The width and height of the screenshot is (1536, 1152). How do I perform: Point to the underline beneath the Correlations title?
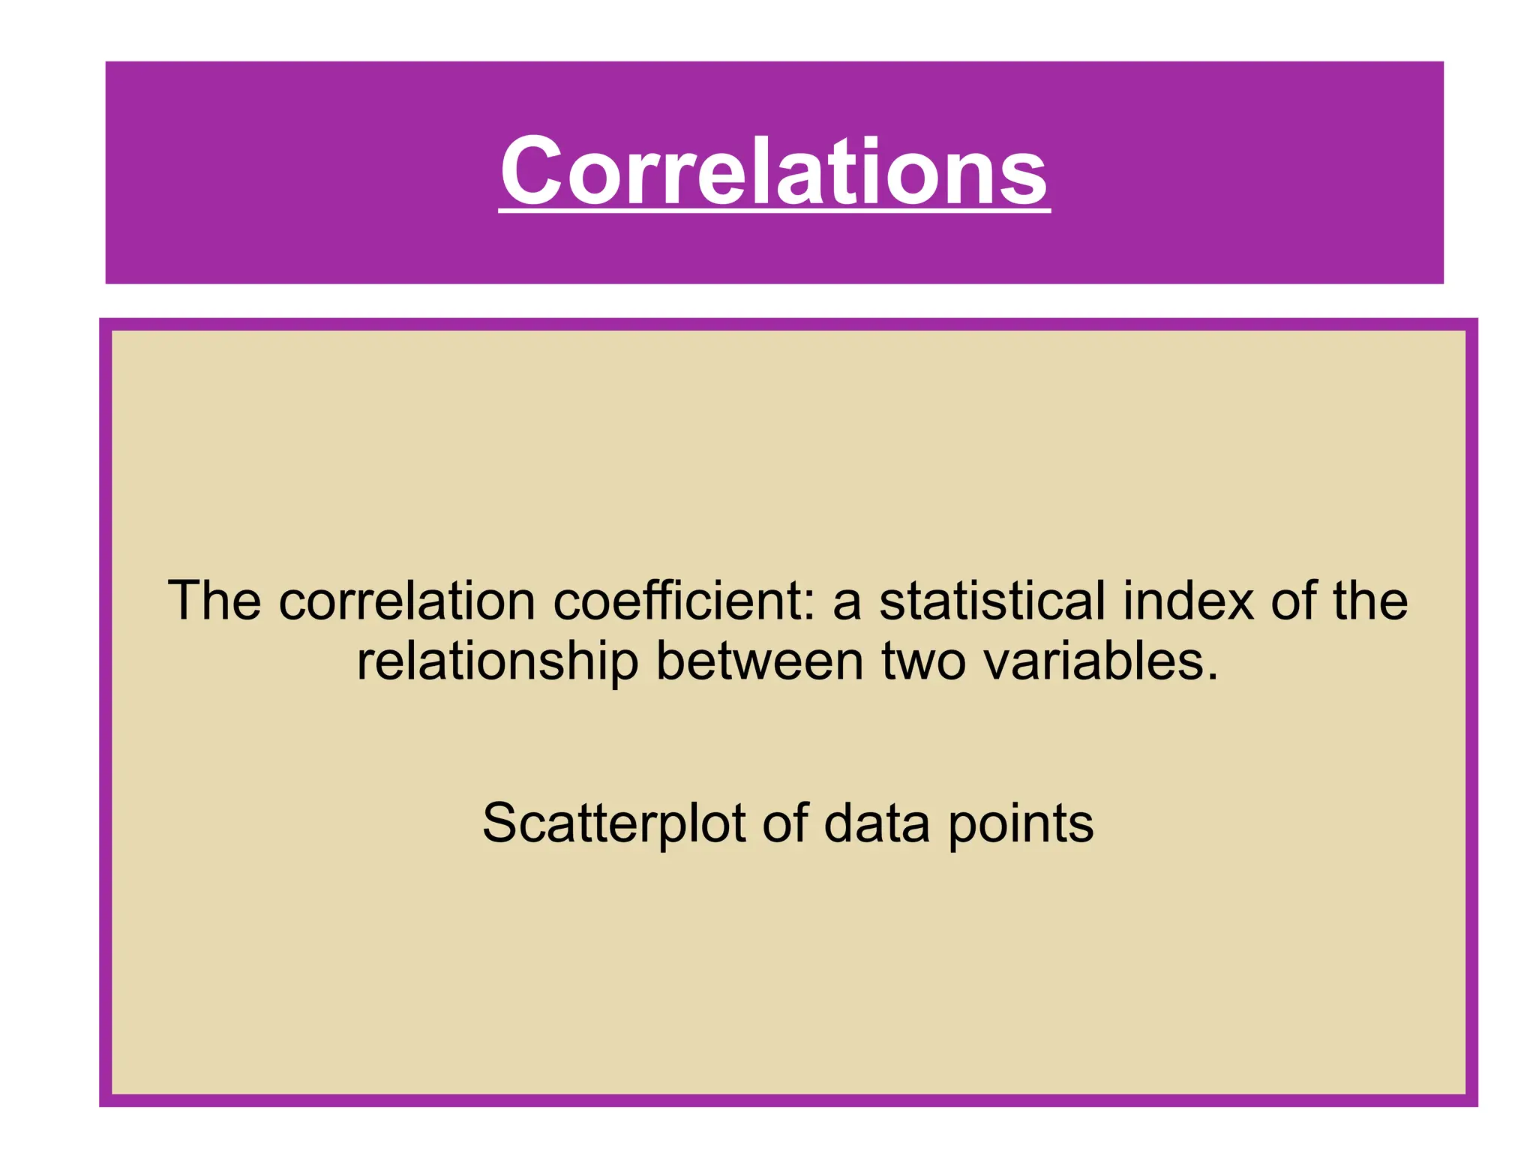(774, 212)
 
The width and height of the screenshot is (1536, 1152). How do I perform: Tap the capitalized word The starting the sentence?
(214, 601)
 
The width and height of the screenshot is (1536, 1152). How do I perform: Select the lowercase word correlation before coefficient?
(407, 601)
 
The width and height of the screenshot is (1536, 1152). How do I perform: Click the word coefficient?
(675, 601)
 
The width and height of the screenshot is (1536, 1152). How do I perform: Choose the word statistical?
(991, 601)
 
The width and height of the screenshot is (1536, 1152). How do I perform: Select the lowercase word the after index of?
(1369, 601)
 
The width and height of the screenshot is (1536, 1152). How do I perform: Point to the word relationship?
(497, 662)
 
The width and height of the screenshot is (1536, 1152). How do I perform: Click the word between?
(760, 661)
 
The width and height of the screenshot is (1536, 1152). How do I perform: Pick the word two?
(923, 662)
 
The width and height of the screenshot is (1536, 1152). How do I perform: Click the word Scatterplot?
(613, 824)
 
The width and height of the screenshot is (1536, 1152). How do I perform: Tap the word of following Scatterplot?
(784, 823)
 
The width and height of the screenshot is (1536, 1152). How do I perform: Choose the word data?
(877, 823)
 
